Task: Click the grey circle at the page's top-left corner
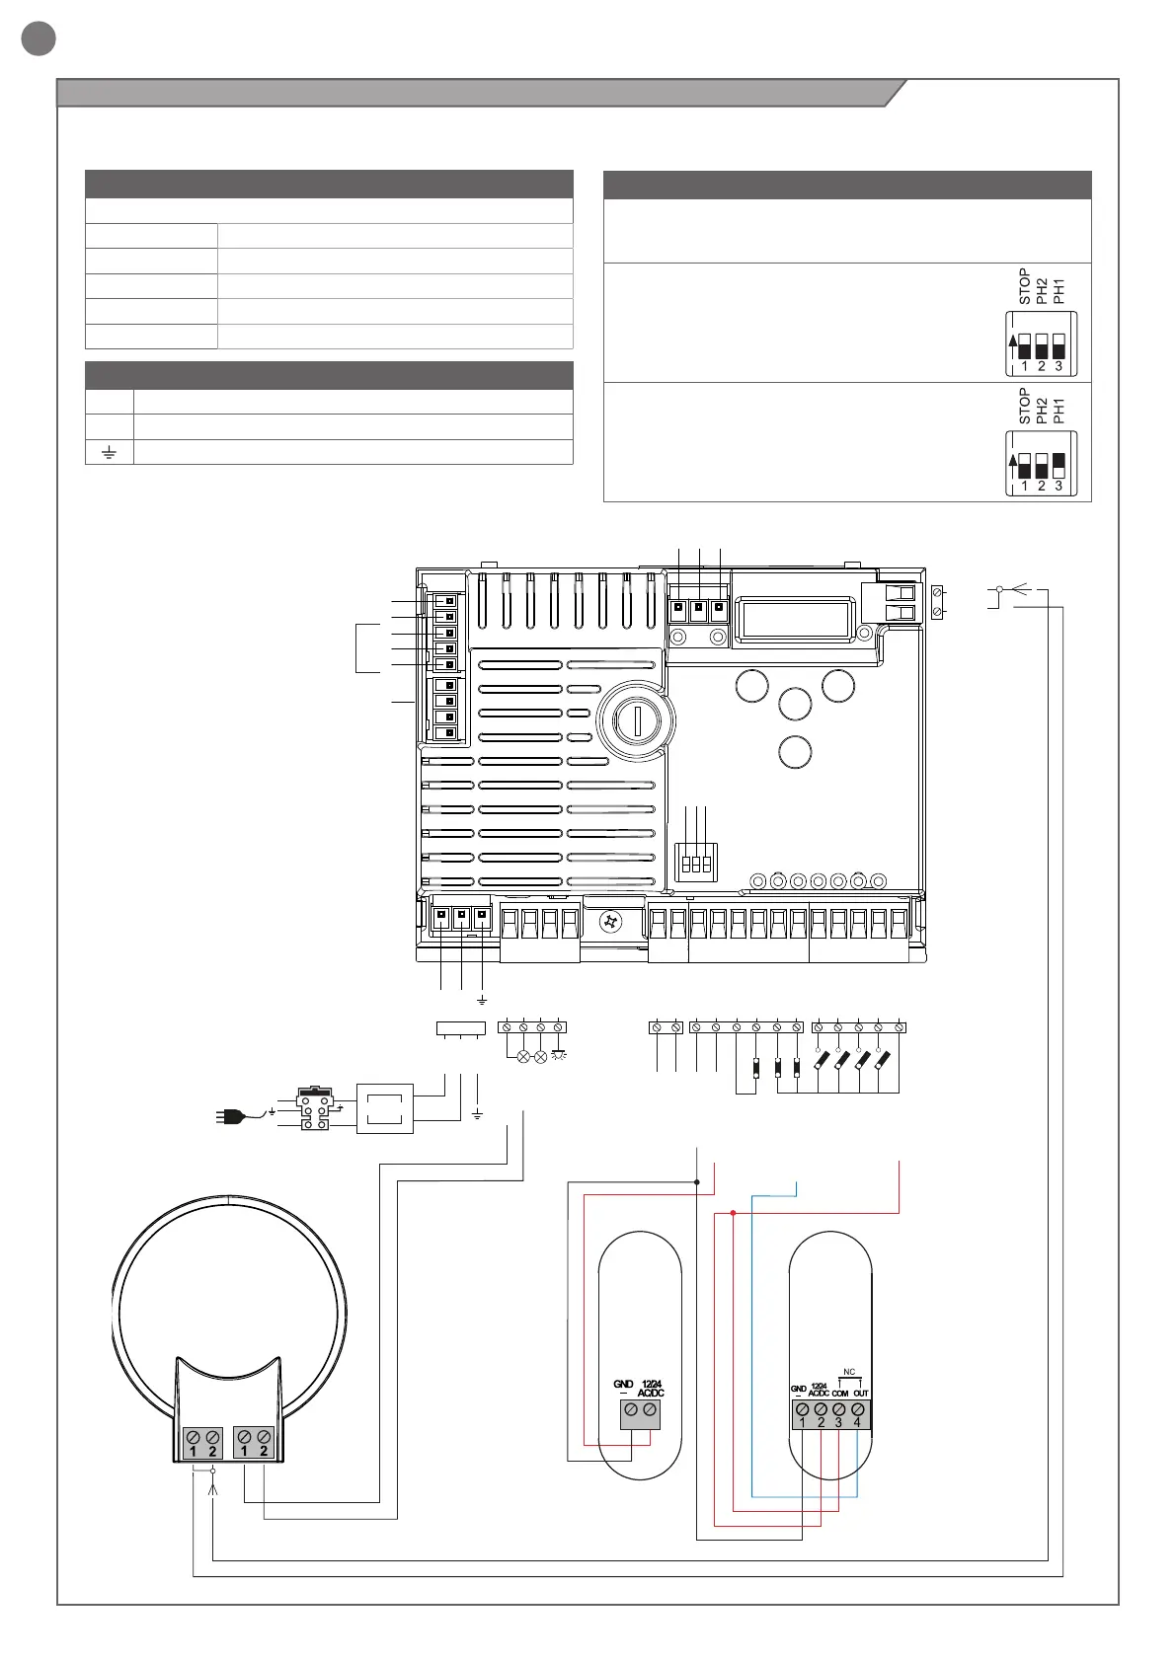point(39,38)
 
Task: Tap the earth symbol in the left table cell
point(109,452)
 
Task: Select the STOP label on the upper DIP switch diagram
point(1025,286)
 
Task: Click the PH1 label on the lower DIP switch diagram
point(1058,408)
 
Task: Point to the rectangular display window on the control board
point(796,619)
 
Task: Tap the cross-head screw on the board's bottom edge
point(611,922)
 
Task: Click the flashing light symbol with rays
point(559,1056)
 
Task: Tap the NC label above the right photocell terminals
point(849,1372)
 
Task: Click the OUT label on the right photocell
point(861,1394)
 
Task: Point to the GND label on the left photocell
point(623,1385)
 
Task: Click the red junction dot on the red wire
point(733,1212)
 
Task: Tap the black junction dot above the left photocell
point(697,1181)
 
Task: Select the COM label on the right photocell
point(839,1394)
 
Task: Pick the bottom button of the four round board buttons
point(795,751)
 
